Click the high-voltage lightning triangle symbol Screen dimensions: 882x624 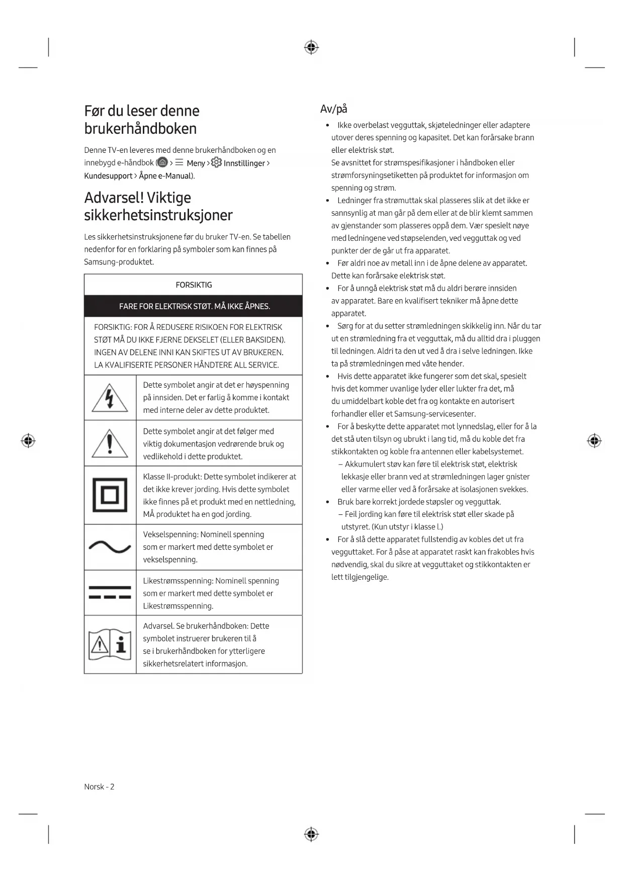[110, 397]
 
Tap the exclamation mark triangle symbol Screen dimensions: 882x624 [110, 444]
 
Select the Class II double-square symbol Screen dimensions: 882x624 [110, 495]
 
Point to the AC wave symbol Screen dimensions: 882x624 [110, 547]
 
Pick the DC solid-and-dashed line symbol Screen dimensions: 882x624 [110, 592]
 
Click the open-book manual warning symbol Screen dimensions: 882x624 [110, 644]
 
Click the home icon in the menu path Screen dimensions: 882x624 [162, 162]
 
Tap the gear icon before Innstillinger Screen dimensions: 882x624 [216, 162]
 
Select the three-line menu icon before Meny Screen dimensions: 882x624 [180, 162]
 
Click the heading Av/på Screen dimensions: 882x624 [334, 109]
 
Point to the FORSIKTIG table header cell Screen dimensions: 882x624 [194, 285]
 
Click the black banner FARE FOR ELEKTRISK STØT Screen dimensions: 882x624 [194, 306]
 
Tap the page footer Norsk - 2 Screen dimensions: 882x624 [99, 786]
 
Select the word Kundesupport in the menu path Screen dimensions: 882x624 [108, 175]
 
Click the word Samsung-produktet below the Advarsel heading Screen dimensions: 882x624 [119, 261]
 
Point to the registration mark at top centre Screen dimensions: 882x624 [311, 48]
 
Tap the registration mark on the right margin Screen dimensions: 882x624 [594, 441]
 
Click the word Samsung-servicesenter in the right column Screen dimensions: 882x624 [434, 414]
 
